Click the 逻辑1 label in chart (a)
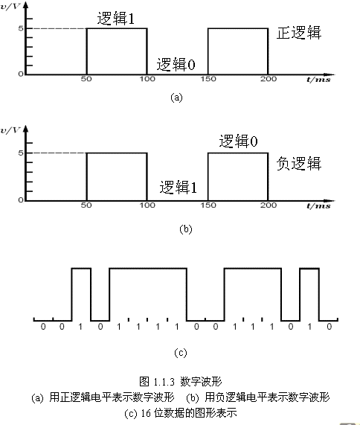point(116,19)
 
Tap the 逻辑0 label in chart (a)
point(176,64)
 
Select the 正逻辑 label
point(299,33)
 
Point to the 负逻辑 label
point(299,164)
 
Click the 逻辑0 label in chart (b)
point(238,141)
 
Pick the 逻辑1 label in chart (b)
point(178,187)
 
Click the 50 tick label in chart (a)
point(86,79)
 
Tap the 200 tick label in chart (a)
point(269,79)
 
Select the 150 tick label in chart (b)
point(208,205)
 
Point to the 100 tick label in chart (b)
point(147,205)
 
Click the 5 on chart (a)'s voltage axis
point(21,28)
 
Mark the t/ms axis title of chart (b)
point(318,206)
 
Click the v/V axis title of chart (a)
point(10,6)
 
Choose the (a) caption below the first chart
point(176,98)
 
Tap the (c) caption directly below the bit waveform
point(181,353)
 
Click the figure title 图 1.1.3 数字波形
point(181,381)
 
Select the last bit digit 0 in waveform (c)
point(329,327)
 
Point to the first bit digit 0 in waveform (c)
point(43,327)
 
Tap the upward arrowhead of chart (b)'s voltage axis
point(26,129)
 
